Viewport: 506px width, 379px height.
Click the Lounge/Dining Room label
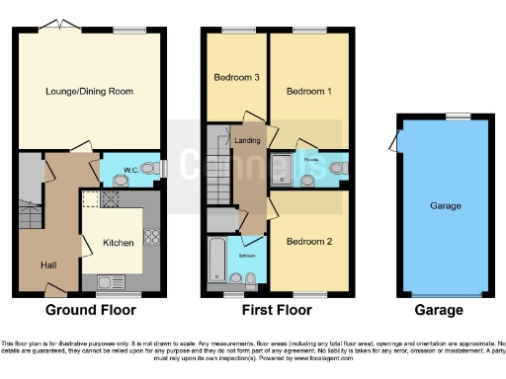89,92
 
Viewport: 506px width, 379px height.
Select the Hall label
48,265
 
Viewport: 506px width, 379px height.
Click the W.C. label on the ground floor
128,171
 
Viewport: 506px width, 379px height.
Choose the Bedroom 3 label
236,77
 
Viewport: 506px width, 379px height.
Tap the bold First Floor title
274,310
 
